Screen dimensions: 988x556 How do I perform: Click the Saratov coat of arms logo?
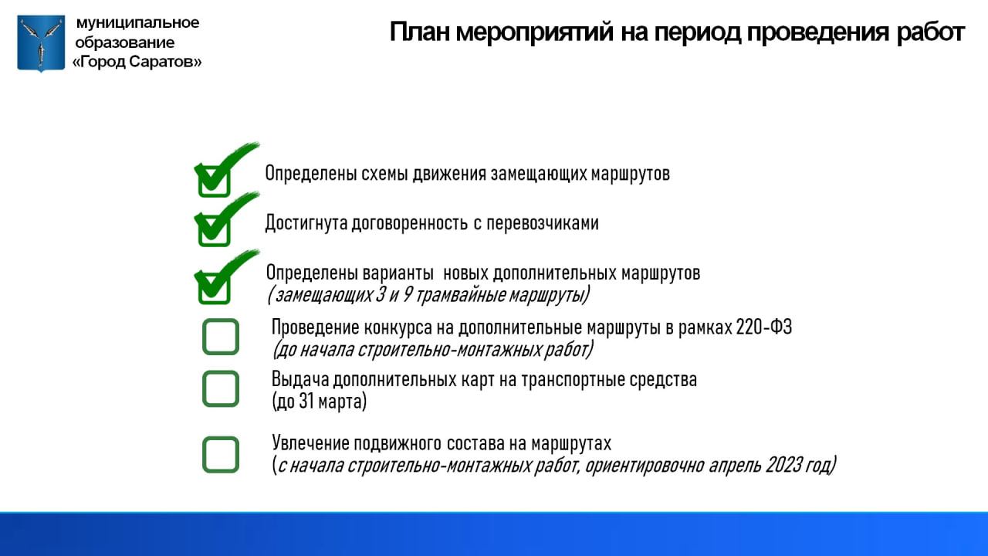point(41,43)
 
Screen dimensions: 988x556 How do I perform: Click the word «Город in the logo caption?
point(99,62)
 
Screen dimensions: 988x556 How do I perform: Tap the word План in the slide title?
point(418,32)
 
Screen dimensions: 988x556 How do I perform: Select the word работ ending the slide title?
point(931,32)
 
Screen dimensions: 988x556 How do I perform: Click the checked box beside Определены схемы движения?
point(215,181)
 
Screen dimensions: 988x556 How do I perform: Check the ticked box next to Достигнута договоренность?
point(215,231)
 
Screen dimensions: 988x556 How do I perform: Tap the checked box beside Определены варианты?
point(215,289)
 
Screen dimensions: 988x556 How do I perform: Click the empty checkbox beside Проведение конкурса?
point(221,337)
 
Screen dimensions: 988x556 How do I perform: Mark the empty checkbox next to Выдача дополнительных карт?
point(221,388)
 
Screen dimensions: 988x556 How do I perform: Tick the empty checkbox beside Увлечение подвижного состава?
point(221,455)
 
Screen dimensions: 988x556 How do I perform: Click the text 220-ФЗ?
point(764,327)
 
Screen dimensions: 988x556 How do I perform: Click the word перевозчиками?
point(543,223)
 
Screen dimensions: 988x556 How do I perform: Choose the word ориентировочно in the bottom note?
point(645,466)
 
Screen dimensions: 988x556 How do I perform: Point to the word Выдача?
point(299,380)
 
